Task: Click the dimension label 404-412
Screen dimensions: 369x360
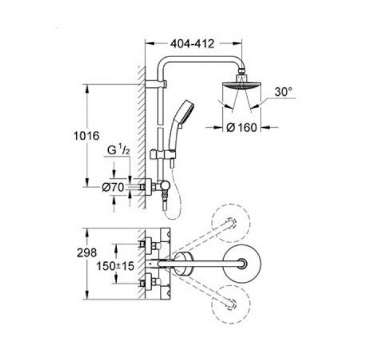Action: pyautogui.click(x=192, y=44)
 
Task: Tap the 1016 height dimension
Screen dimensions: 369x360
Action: pyautogui.click(x=86, y=136)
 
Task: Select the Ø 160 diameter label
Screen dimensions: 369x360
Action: pyautogui.click(x=242, y=128)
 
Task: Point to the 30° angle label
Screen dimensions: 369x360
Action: pyautogui.click(x=284, y=92)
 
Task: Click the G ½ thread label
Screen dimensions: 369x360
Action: pyautogui.click(x=118, y=150)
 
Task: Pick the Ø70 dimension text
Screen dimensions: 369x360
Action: pyautogui.click(x=113, y=187)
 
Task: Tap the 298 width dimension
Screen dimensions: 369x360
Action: pyautogui.click(x=87, y=252)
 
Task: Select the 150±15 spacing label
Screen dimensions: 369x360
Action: pyautogui.click(x=115, y=266)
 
